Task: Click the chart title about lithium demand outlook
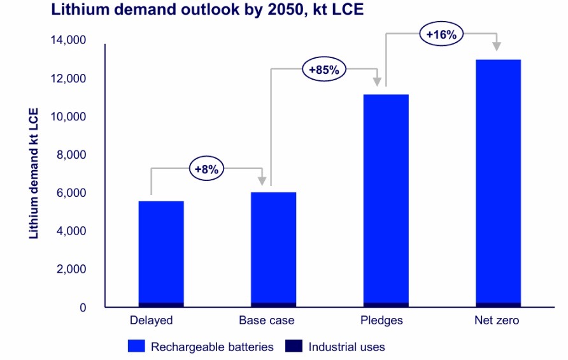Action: [208, 10]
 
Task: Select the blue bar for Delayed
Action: [161, 252]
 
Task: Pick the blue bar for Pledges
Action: [385, 198]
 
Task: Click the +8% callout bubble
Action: [206, 169]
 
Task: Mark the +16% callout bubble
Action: [441, 34]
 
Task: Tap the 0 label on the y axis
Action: [82, 308]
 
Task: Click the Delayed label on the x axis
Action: [151, 320]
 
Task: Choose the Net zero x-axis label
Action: [497, 320]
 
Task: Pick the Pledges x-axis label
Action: [381, 320]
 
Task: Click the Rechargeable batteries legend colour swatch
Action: [137, 347]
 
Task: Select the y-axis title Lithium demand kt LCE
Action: [34, 173]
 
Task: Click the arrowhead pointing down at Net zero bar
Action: [497, 47]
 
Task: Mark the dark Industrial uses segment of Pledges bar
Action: [385, 305]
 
